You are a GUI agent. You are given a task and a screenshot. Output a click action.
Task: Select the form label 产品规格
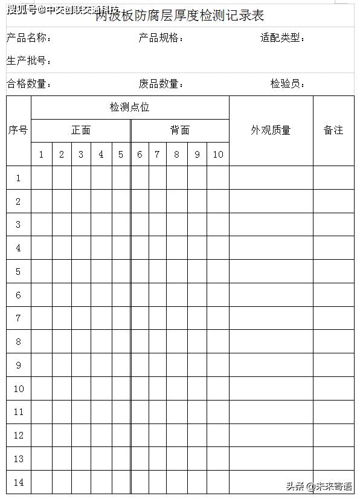[x=159, y=39]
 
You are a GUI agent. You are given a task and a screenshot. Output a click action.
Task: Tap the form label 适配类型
[x=281, y=38]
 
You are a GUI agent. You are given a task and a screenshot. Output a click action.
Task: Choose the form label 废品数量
[x=159, y=84]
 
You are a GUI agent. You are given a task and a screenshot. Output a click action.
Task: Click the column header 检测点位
[x=129, y=108]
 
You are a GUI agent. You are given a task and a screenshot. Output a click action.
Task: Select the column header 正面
[x=81, y=130]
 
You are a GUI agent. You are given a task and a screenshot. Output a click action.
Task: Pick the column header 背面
[x=179, y=130]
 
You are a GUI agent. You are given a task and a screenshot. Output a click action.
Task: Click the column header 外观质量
[x=271, y=130]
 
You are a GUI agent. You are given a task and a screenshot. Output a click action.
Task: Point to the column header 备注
[x=333, y=130]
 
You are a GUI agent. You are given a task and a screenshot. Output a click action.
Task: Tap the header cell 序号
[x=18, y=130]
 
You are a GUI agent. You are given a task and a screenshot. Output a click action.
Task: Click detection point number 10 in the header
[x=218, y=155]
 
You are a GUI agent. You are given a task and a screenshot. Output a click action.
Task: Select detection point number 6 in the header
[x=140, y=155]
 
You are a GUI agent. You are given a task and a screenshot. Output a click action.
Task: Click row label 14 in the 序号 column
[x=18, y=482]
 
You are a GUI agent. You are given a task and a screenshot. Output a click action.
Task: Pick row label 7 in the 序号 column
[x=18, y=318]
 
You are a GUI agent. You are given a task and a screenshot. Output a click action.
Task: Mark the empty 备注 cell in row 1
[x=333, y=178]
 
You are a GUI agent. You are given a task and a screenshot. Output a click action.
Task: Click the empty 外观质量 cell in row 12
[x=271, y=436]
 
